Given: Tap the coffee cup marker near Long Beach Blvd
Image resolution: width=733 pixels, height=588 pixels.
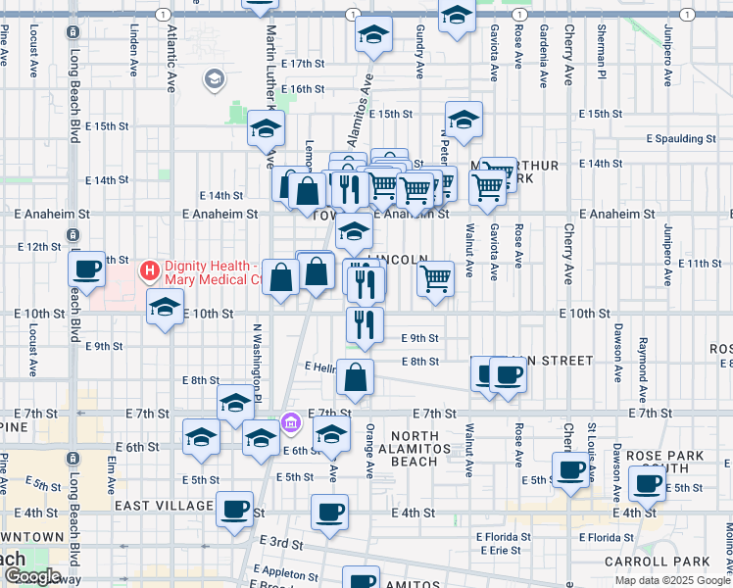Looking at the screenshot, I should click(x=86, y=269).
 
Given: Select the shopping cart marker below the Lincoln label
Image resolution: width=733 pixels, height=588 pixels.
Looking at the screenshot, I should click(x=435, y=279).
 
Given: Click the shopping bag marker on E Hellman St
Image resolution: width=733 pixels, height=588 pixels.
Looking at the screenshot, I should click(x=356, y=377).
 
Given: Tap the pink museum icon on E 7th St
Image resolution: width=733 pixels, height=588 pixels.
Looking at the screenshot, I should click(x=290, y=422).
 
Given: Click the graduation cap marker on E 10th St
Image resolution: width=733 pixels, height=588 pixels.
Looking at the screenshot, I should click(x=165, y=308).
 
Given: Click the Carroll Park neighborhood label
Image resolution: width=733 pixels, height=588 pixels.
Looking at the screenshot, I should click(x=671, y=562).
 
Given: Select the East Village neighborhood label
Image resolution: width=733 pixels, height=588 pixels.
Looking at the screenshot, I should click(x=164, y=506).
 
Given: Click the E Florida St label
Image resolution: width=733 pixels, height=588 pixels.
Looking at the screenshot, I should click(x=504, y=537).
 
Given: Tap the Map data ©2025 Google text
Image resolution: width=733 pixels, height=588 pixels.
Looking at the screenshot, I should click(x=672, y=580).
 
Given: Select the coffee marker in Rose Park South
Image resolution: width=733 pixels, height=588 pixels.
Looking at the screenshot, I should click(x=648, y=483).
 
